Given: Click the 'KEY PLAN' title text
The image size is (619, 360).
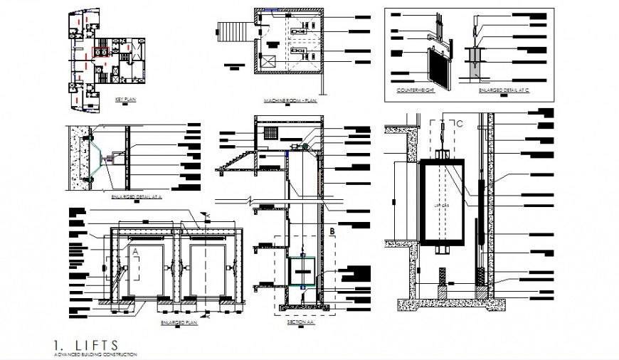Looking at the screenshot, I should pyautogui.click(x=125, y=100).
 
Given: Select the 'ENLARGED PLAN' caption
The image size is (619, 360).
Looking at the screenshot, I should pyautogui.click(x=179, y=322).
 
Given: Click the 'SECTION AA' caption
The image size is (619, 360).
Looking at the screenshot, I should pyautogui.click(x=301, y=322).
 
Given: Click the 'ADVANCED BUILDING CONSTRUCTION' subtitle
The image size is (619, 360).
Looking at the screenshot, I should pyautogui.click(x=95, y=354).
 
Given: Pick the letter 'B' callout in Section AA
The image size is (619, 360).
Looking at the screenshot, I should pyautogui.click(x=332, y=231).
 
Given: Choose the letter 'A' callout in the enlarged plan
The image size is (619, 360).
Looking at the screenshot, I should pyautogui.click(x=134, y=250).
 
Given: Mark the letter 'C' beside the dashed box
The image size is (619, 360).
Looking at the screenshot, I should pyautogui.click(x=460, y=124).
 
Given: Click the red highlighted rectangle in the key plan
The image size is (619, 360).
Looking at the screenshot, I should pyautogui.click(x=100, y=51).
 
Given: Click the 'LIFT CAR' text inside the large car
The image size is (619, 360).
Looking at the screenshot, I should pyautogui.click(x=441, y=205).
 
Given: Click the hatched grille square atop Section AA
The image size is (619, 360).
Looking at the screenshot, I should pyautogui.click(x=270, y=134).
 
